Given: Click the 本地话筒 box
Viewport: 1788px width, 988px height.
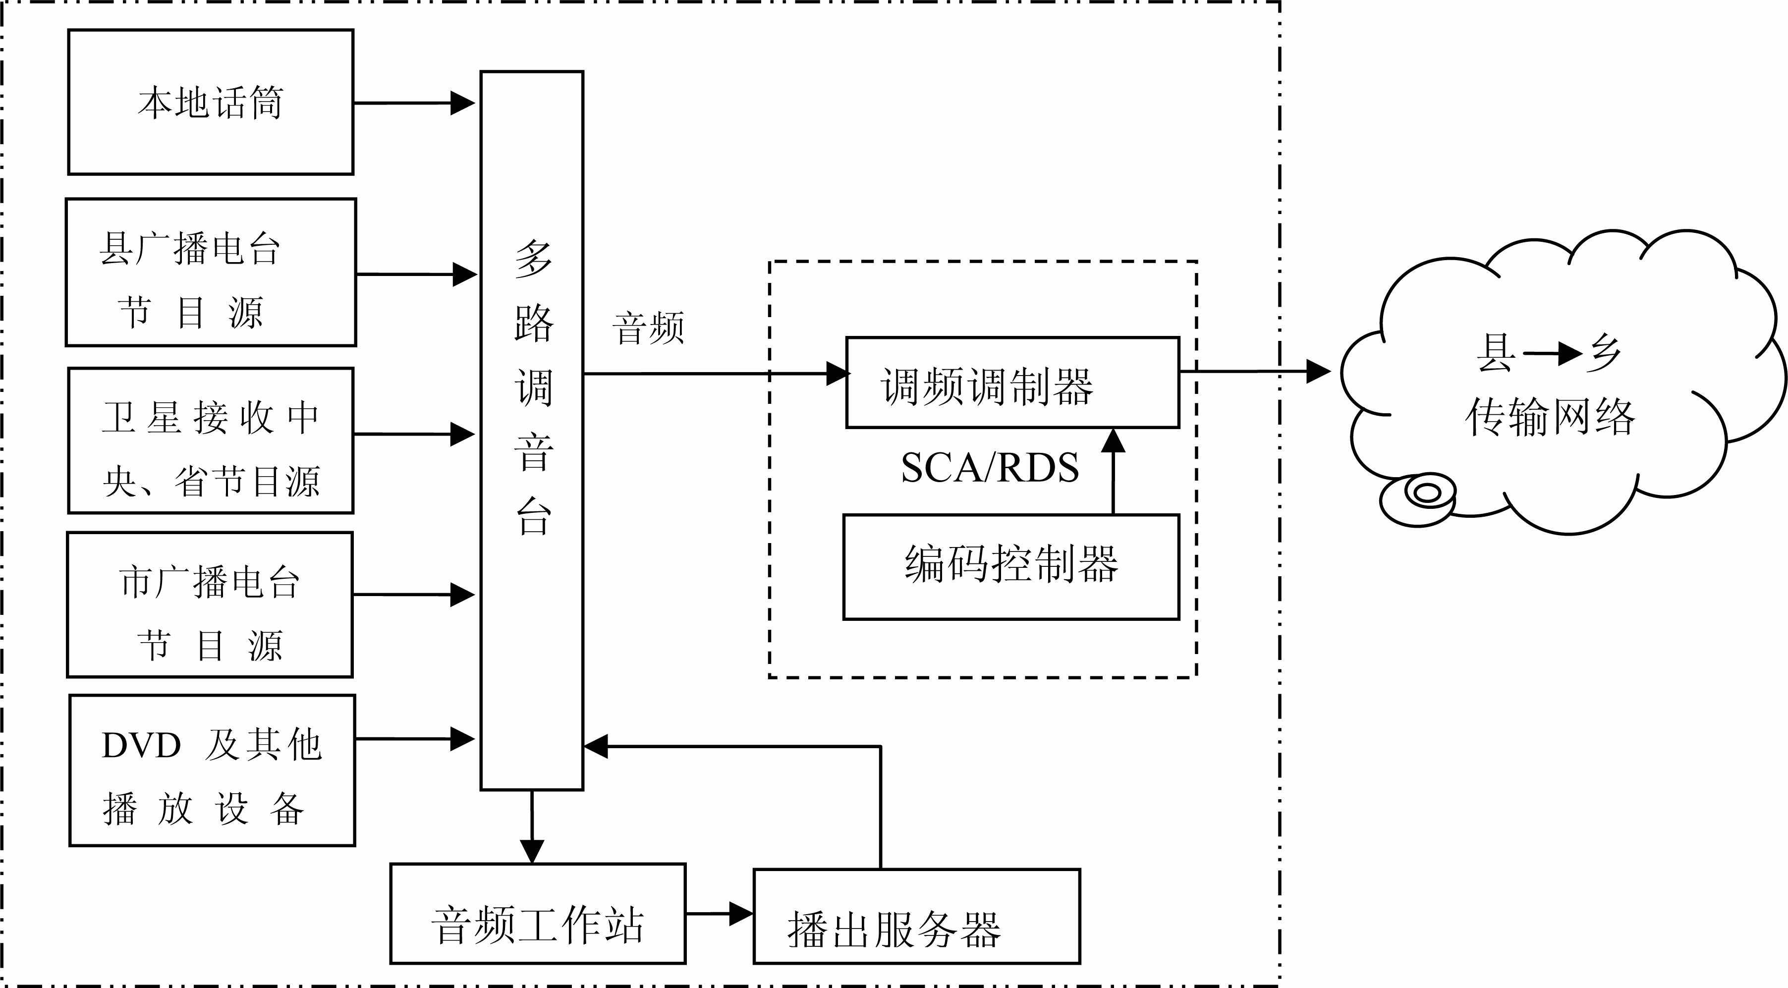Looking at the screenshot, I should [210, 102].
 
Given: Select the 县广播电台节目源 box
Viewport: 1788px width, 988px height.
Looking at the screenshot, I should [210, 272].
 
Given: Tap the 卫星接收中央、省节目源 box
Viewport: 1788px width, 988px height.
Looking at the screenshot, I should [210, 440].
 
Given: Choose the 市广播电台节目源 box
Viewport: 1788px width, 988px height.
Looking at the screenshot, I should [210, 604].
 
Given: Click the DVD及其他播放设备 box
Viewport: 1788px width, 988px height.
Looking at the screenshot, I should [212, 770].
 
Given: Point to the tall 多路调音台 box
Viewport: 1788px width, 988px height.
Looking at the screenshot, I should [532, 430].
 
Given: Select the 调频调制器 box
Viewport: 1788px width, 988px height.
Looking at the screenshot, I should [1012, 383].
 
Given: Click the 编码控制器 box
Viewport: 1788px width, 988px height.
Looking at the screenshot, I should [1010, 566].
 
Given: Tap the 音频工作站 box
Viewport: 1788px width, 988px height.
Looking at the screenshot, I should [538, 914].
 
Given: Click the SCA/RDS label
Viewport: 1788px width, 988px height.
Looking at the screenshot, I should [990, 468].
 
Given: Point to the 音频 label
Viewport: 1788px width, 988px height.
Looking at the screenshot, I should [648, 328].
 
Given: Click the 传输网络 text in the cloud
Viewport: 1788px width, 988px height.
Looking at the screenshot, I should [1551, 418].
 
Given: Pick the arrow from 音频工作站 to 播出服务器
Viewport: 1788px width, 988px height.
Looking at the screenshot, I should [719, 914].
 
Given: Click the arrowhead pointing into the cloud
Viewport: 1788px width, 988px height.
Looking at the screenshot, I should [1317, 371].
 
